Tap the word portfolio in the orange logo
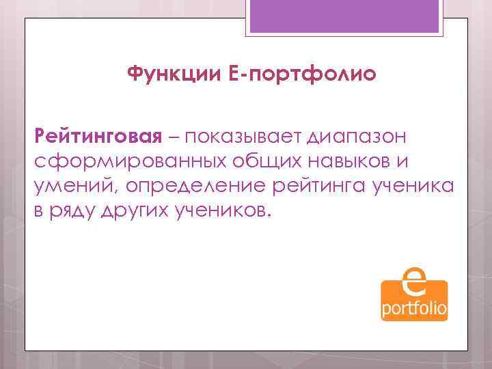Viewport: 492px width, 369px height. click(x=414, y=309)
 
